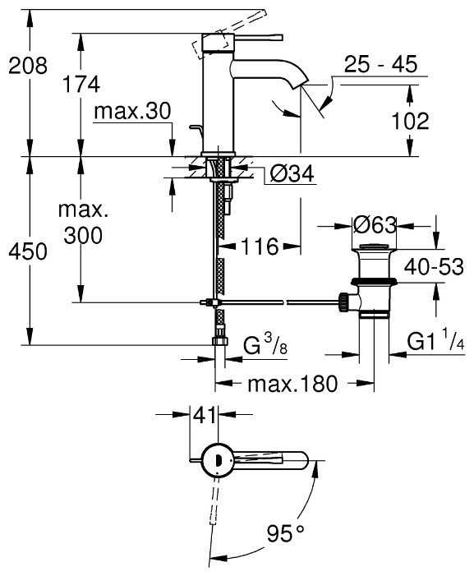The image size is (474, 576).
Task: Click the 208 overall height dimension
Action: point(28,66)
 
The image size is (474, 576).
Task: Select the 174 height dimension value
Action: point(81,84)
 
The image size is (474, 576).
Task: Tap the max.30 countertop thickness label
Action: point(132,111)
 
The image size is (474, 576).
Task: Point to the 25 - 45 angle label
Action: point(380,64)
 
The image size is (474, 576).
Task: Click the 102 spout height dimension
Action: point(410,121)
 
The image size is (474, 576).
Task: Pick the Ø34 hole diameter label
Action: point(292,173)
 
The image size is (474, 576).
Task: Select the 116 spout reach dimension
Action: point(260,247)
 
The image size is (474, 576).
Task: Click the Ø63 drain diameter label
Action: point(375,225)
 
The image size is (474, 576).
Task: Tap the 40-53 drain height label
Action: point(434,266)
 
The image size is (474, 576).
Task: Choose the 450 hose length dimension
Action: point(28,251)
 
